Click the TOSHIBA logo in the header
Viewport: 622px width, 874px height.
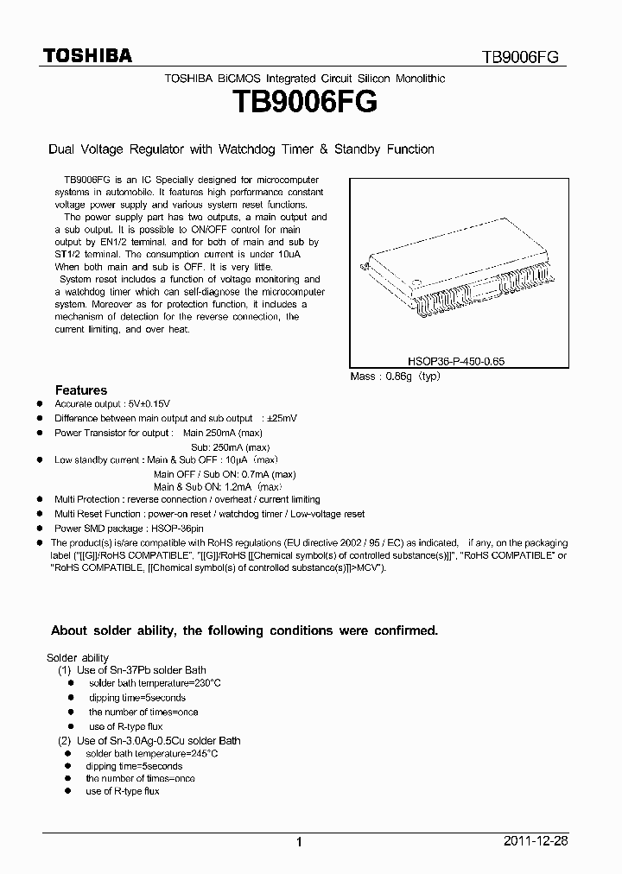87,56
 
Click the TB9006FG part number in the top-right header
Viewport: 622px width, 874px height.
520,57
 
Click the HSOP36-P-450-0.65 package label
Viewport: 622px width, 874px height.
459,364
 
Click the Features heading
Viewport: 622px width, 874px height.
81,390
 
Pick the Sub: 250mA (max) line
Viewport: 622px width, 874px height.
231,446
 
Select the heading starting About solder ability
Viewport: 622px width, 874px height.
244,631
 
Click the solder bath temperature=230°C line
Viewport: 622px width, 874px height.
155,683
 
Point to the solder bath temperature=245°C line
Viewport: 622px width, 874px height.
151,753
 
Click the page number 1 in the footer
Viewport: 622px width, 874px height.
298,842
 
